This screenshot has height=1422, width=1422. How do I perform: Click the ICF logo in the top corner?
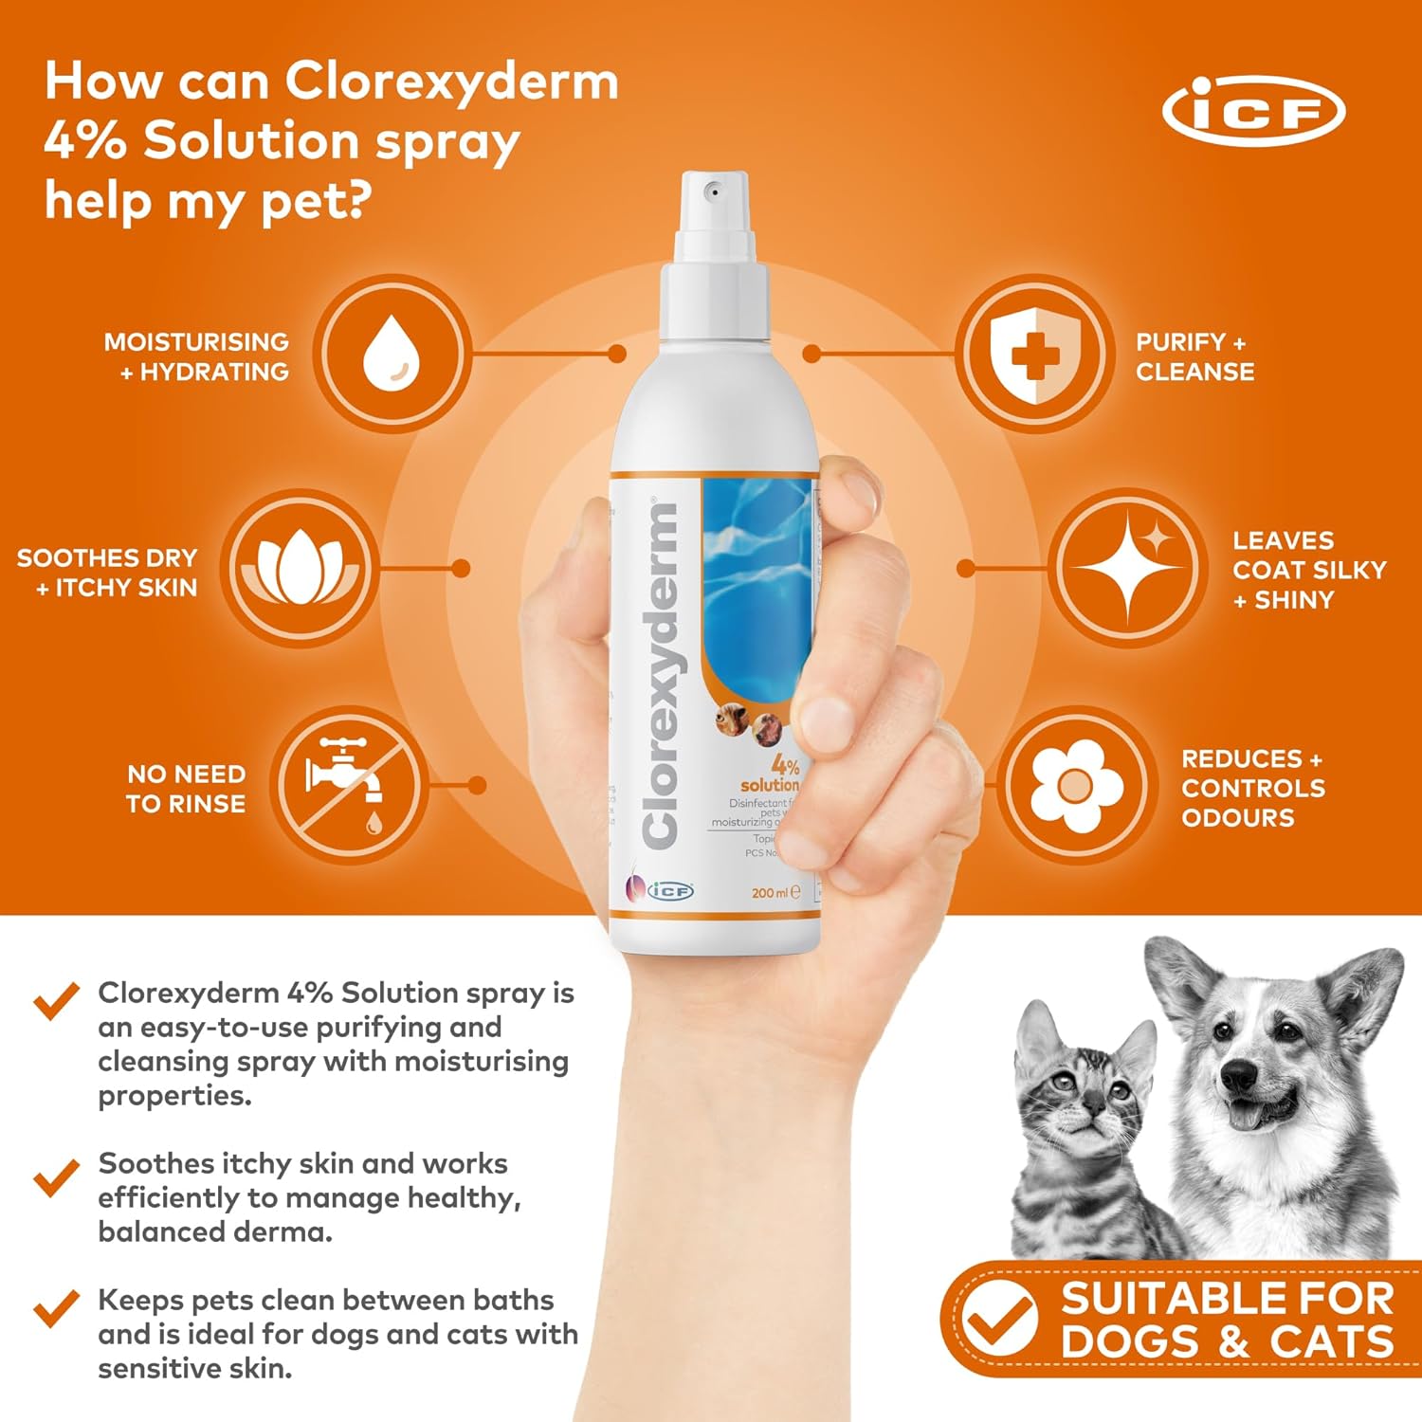point(1253,111)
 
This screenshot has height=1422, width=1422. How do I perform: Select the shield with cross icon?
point(1034,354)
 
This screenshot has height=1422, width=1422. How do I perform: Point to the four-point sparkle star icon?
point(1129,569)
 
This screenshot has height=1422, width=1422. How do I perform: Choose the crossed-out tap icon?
point(348,785)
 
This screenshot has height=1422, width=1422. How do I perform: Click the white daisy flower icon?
point(1076,785)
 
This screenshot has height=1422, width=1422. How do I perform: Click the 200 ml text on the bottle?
point(769,893)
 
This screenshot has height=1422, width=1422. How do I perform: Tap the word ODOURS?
point(1237,817)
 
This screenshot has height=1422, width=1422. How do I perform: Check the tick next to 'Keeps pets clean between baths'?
point(56,1308)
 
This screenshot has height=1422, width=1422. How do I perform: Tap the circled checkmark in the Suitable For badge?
point(998,1318)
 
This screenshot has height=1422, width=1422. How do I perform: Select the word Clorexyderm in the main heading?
point(451,82)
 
